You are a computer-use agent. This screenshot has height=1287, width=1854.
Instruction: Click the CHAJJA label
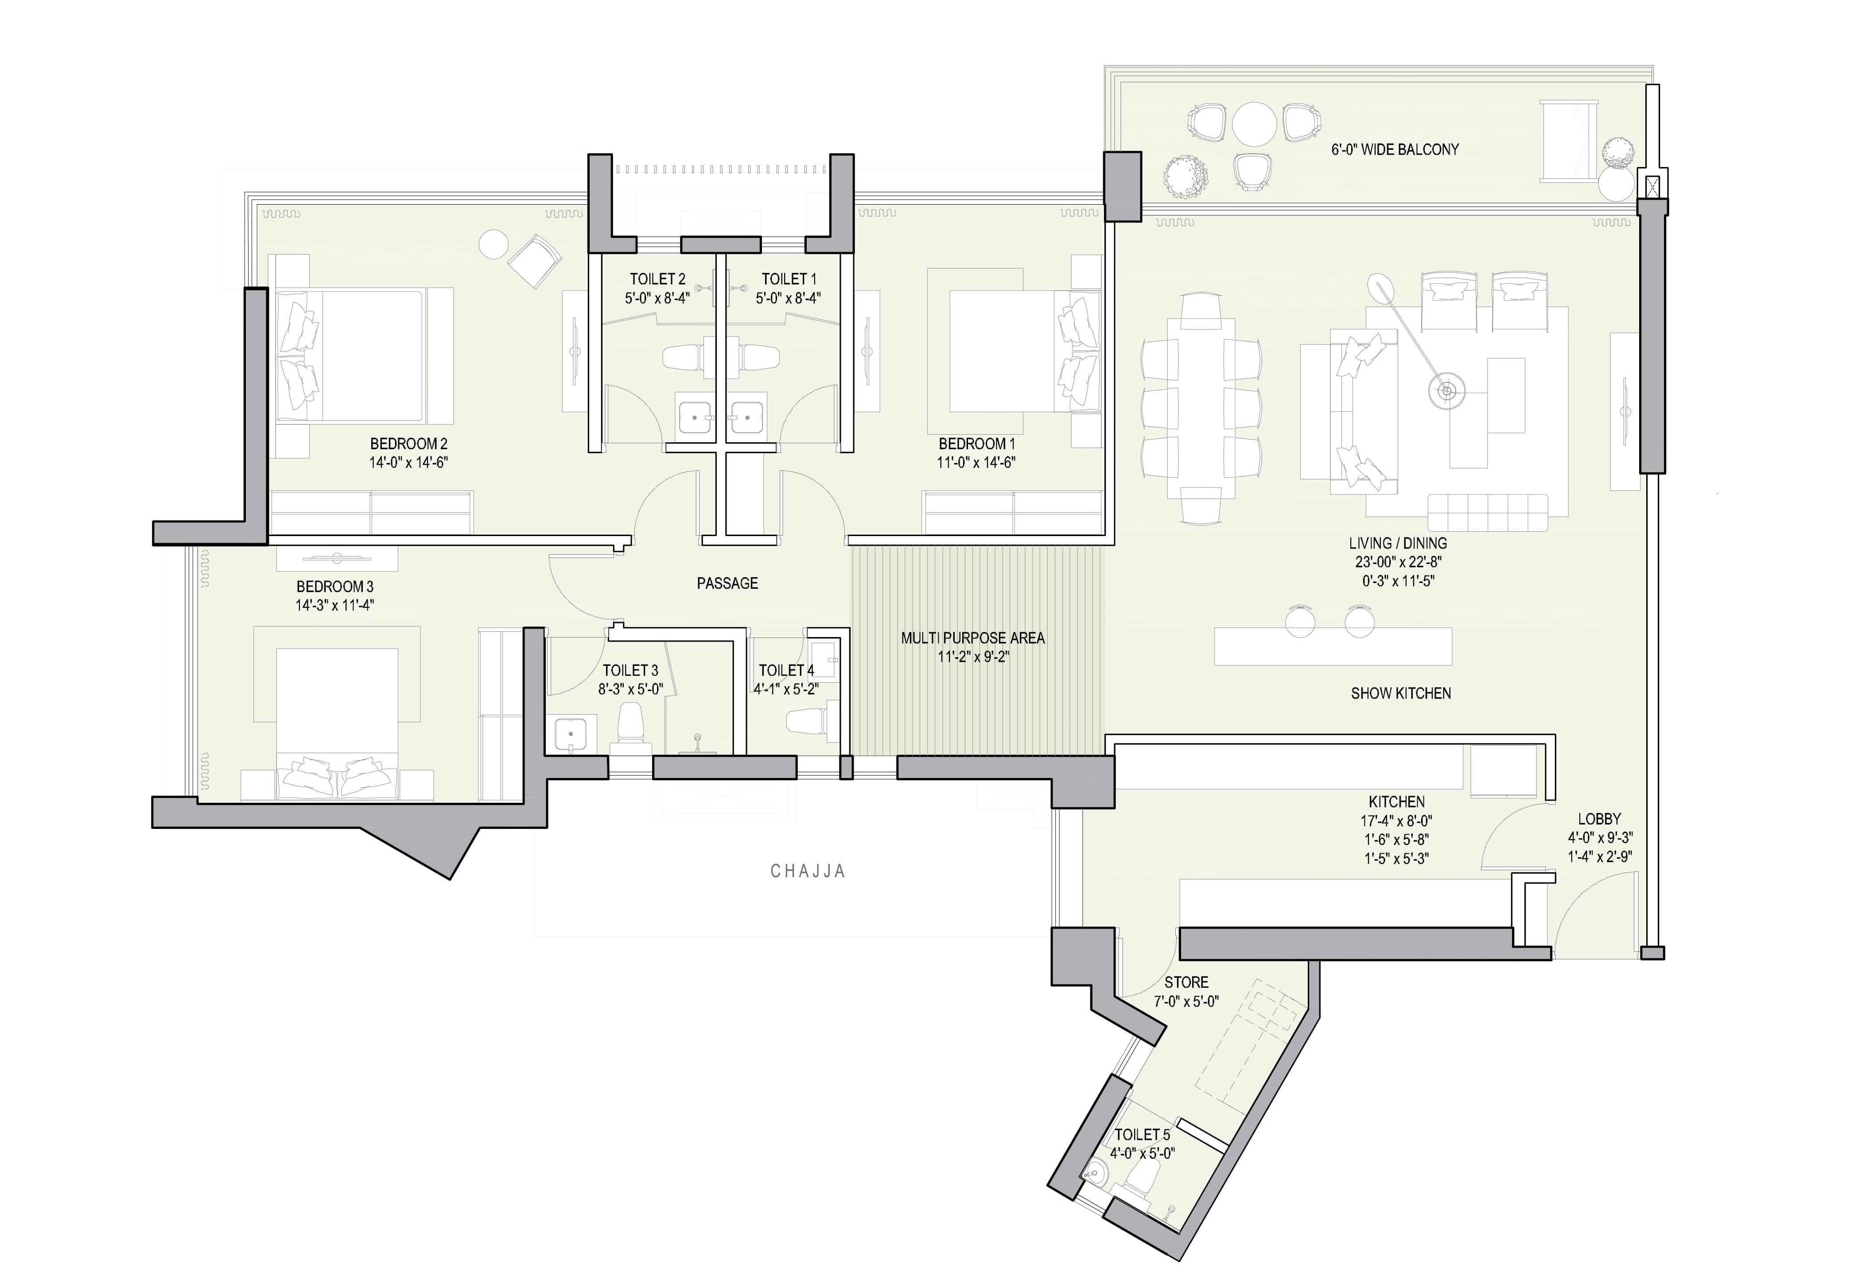click(807, 871)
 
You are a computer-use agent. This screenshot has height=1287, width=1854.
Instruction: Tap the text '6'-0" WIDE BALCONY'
click(1394, 149)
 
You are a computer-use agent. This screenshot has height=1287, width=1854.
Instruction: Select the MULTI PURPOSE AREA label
click(972, 638)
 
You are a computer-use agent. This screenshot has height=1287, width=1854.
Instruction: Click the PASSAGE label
click(727, 583)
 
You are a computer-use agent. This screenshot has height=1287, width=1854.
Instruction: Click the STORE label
click(1185, 982)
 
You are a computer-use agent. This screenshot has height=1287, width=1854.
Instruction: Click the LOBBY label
click(1599, 818)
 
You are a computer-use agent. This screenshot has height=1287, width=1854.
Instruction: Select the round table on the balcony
click(1254, 123)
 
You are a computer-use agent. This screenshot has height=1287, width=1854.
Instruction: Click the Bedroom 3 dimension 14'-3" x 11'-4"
click(334, 605)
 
